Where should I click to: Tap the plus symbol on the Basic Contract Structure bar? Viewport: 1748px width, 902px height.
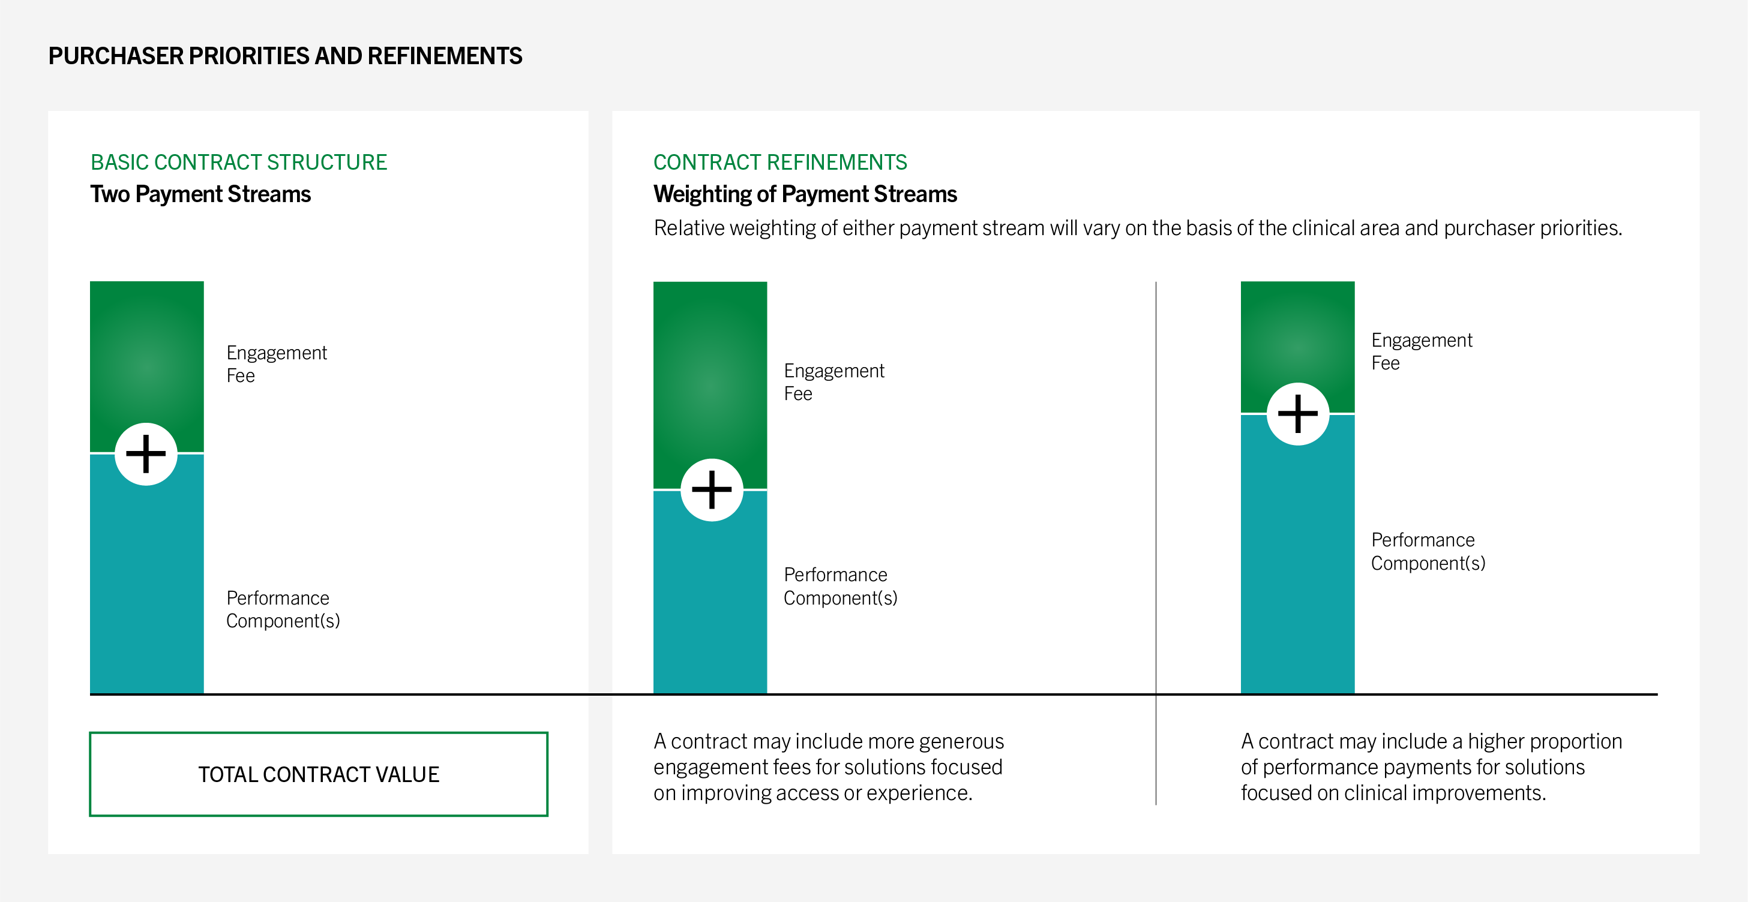(x=146, y=454)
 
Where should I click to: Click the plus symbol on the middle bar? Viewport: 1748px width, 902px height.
(x=711, y=489)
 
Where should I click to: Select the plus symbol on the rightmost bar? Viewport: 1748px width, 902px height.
(x=1297, y=414)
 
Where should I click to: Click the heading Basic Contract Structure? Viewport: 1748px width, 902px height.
(x=239, y=162)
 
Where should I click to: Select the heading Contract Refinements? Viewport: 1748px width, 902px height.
(x=780, y=162)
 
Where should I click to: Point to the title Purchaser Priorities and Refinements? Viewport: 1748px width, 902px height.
(x=285, y=56)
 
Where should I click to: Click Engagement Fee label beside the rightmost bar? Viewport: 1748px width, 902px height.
(x=1422, y=351)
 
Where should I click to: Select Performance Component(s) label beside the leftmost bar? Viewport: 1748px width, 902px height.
(x=283, y=609)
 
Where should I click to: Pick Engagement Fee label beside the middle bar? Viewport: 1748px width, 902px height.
(x=834, y=382)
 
